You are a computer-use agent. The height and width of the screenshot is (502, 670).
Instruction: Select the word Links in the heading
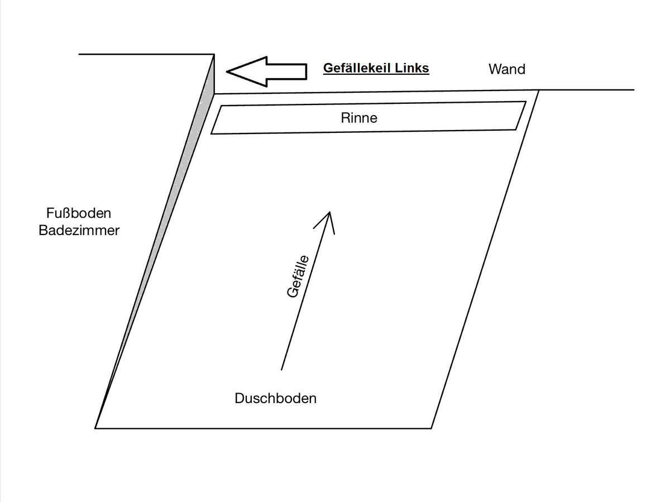(412, 69)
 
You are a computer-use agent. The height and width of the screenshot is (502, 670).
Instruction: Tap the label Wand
(507, 69)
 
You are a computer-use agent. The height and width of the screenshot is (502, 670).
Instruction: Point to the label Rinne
(359, 118)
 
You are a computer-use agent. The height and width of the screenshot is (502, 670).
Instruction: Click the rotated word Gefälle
(298, 276)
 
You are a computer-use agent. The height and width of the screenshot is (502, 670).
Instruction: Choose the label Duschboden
(276, 399)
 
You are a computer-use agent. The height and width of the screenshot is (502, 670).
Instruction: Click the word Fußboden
(79, 213)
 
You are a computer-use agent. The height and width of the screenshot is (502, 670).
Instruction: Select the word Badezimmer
(79, 231)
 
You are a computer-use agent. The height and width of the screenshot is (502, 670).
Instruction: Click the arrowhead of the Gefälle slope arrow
(329, 213)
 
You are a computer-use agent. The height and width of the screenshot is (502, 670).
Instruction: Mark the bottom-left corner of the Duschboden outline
(95, 428)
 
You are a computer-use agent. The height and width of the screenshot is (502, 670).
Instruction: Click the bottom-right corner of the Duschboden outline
(432, 428)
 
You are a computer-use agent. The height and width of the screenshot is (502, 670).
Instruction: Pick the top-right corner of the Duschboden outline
(539, 90)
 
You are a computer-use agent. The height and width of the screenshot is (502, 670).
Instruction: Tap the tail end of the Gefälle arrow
(281, 369)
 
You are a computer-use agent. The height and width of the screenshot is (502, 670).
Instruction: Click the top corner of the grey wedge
(214, 55)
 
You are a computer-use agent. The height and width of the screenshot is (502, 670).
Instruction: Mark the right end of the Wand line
(634, 89)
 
